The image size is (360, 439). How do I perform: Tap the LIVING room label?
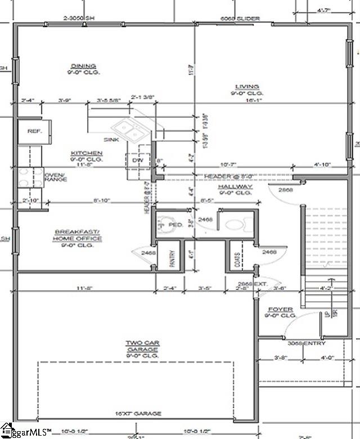247,86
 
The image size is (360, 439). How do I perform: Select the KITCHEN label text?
86,153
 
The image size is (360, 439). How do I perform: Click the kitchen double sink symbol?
133,132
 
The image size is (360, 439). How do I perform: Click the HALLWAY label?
236,186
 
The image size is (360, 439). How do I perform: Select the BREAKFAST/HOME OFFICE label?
78,235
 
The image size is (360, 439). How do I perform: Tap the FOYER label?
280,310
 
